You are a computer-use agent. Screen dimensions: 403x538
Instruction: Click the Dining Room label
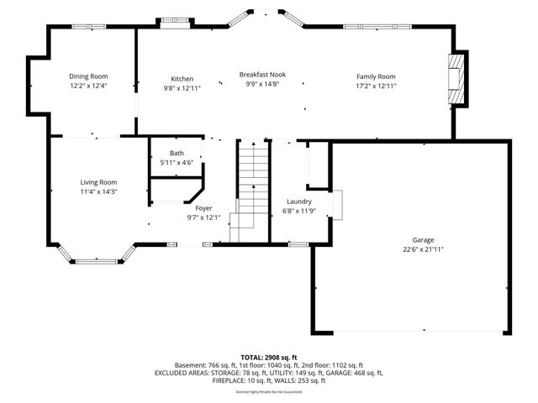point(88,76)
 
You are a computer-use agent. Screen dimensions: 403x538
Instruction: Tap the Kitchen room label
point(182,78)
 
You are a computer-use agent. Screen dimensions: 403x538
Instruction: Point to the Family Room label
point(376,76)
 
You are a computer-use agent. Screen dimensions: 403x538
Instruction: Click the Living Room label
point(98,182)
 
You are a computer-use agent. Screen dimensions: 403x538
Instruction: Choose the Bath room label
point(177,153)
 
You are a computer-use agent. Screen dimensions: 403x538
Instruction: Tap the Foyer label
point(203,207)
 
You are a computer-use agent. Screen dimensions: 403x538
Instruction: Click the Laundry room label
point(299,201)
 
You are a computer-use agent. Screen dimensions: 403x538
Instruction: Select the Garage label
point(411,239)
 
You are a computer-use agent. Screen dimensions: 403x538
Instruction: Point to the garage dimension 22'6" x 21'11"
point(411,249)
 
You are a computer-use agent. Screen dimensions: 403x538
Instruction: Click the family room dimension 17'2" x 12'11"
point(376,86)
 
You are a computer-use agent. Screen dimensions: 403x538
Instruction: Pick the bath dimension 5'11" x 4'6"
point(177,162)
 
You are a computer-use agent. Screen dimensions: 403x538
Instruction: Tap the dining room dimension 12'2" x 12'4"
point(88,86)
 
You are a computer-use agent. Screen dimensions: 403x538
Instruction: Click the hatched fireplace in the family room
point(456,81)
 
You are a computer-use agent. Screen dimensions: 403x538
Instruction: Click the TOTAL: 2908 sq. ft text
point(269,357)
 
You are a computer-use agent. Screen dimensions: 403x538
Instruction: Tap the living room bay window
point(97,256)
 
